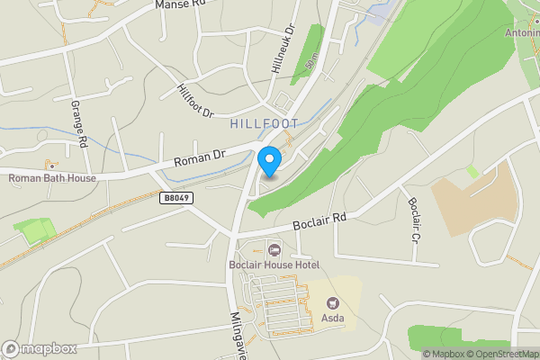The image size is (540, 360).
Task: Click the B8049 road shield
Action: [x=179, y=197]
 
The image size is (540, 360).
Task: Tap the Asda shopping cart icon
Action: [x=334, y=303]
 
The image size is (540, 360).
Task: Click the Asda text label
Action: [x=334, y=318]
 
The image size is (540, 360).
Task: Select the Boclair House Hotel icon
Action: [x=275, y=249]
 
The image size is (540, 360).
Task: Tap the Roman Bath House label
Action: [x=52, y=178]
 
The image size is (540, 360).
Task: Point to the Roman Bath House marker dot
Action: [x=52, y=166]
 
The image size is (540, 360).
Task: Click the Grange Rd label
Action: [x=78, y=124]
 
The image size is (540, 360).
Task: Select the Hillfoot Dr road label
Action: [x=195, y=101]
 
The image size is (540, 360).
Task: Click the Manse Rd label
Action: [x=181, y=4]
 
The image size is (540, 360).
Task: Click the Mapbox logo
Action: [x=40, y=348]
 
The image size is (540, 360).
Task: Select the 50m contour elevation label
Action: [x=312, y=64]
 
